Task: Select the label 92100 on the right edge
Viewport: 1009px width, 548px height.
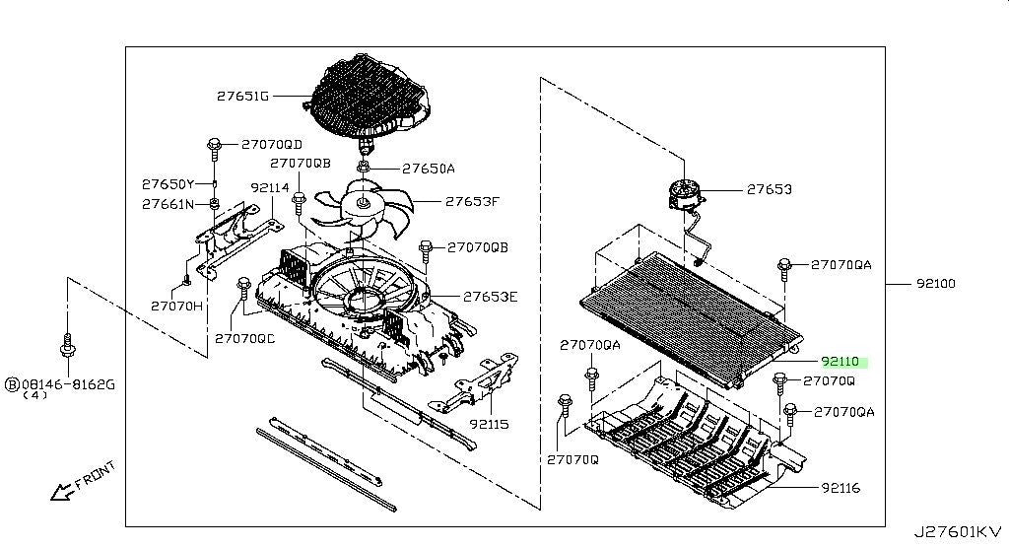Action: [935, 284]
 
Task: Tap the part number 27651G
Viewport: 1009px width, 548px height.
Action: [243, 97]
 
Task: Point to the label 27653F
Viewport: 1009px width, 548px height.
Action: [472, 202]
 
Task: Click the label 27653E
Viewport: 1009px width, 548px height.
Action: [491, 296]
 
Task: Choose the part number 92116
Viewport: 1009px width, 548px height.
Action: [841, 487]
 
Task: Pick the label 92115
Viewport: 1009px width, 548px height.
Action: [489, 426]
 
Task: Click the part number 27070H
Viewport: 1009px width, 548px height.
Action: [177, 306]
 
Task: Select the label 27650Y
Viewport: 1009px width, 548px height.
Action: [168, 184]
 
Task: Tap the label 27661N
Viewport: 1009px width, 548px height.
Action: [168, 205]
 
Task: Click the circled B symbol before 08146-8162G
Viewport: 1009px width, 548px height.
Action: [13, 383]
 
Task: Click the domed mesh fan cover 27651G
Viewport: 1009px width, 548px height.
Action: [370, 94]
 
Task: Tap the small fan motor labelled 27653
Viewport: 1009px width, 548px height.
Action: [686, 194]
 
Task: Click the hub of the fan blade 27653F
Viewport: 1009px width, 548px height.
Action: [363, 205]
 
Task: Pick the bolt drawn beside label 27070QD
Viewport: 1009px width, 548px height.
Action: [214, 148]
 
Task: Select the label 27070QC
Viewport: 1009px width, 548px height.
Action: [244, 339]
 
